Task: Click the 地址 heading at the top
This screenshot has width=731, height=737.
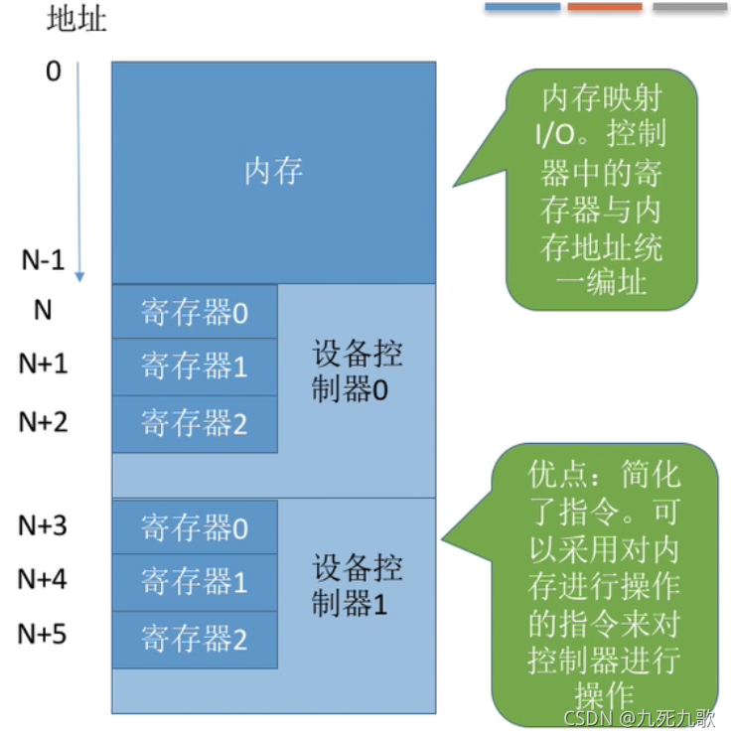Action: coord(76,19)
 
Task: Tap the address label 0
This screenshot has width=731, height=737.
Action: coord(54,72)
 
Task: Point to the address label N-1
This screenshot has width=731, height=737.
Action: coord(43,260)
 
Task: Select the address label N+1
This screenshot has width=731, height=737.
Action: coord(44,365)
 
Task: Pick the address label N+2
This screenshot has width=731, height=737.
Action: coord(44,421)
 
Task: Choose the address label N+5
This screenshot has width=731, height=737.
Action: coord(44,633)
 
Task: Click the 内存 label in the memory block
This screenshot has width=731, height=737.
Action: coord(273,172)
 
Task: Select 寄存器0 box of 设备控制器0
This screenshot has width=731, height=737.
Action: coord(195,313)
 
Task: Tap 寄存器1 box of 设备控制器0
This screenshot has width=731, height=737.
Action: coord(195,368)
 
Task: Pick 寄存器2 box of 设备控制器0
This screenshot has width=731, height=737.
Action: coord(195,424)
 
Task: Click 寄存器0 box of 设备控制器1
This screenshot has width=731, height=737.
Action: coord(195,527)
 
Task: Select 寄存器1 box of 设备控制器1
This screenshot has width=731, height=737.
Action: coord(195,582)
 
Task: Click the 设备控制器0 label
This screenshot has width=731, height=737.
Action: coord(358,371)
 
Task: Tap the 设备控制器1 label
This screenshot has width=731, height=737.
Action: coord(358,586)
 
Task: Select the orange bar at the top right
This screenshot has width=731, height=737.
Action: coord(605,7)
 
